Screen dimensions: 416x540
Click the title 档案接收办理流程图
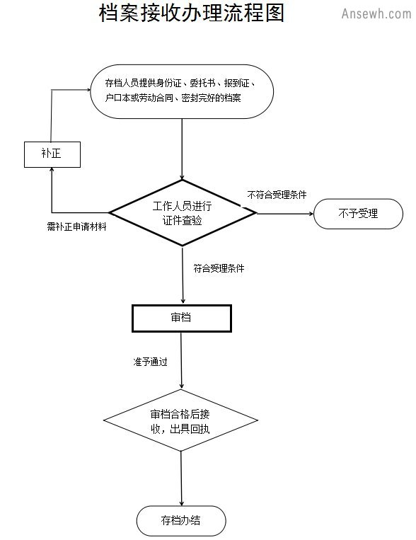point(192,13)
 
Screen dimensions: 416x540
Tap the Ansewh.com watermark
point(376,13)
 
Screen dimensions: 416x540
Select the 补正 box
point(52,154)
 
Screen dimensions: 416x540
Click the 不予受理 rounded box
point(358,214)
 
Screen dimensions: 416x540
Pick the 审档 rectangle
point(182,318)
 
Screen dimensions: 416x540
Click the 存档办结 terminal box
point(181,520)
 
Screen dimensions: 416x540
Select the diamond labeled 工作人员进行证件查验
point(183,213)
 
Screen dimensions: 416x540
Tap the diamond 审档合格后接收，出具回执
point(181,420)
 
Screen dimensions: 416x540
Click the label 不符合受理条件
point(277,195)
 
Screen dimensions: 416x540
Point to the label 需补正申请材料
point(77,226)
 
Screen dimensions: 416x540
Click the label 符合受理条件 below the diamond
point(219,268)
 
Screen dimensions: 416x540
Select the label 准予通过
point(150,362)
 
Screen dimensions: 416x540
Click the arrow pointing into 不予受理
point(285,214)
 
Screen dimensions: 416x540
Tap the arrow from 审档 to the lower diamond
point(181,360)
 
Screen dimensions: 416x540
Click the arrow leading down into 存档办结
point(181,478)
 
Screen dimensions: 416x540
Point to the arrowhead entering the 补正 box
point(52,169)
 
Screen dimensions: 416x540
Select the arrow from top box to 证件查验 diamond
point(182,149)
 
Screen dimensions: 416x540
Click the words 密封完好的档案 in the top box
point(211,98)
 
